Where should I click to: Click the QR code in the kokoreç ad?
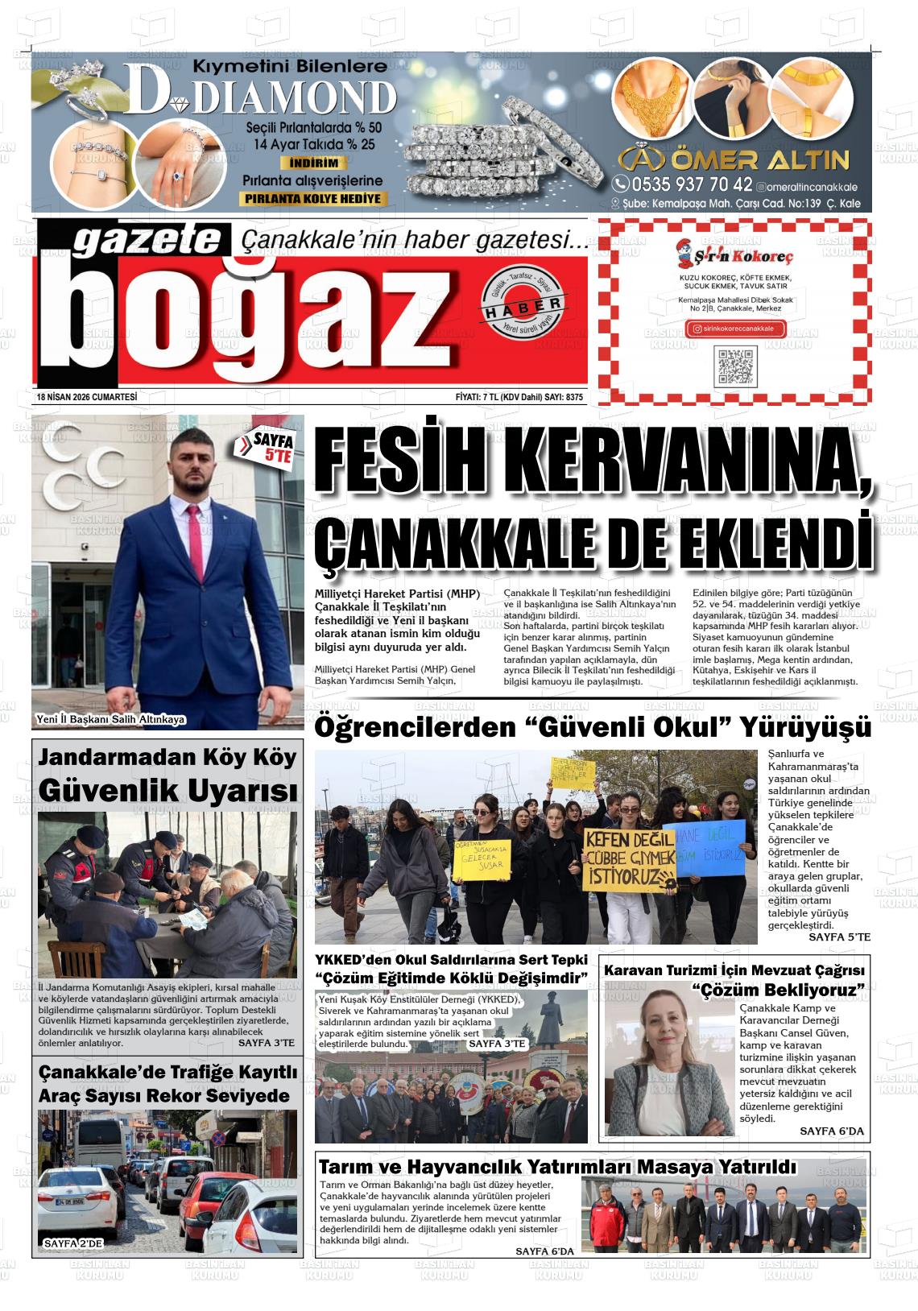click(735, 366)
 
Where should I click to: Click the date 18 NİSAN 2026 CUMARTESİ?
click(87, 397)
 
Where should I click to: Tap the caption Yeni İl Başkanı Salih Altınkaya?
click(111, 719)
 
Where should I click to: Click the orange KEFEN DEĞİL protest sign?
click(629, 857)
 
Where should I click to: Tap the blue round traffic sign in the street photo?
click(218, 1138)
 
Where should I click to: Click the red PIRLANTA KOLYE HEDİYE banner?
click(314, 199)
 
